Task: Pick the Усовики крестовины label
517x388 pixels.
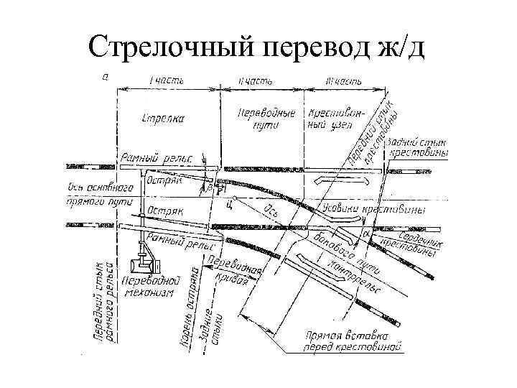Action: (373, 209)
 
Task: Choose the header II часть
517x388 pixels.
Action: (259, 80)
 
